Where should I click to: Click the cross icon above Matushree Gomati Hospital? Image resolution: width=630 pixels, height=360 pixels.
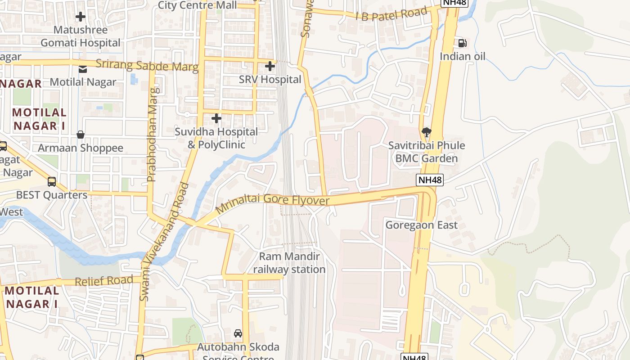coord(81,17)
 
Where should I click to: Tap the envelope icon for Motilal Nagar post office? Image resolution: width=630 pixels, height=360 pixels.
coord(83,69)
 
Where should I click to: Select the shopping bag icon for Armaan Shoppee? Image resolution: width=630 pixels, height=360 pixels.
coord(81,135)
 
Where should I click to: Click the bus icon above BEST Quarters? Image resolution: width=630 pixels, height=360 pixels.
coord(52,182)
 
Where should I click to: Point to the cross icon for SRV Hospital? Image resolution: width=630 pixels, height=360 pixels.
coord(270,66)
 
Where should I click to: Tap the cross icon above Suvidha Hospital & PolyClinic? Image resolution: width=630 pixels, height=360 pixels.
coord(216,118)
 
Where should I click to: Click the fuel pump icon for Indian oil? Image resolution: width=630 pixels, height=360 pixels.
coord(462,43)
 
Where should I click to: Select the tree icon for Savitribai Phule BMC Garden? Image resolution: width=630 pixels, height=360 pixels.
coord(426,132)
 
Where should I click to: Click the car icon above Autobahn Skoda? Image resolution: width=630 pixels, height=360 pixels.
coord(238,333)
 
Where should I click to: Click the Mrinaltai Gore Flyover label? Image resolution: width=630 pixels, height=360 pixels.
coord(273,203)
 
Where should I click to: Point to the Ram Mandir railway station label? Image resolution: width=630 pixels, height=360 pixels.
coord(289,263)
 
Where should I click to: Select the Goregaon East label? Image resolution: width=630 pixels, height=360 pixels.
coord(421,225)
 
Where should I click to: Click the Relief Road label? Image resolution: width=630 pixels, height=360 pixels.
coord(104,281)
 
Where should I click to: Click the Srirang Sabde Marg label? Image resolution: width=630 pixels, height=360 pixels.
coord(147,65)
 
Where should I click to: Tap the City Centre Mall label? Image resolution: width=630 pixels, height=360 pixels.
coord(197,5)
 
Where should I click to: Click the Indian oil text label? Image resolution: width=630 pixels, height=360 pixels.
coord(463,57)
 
